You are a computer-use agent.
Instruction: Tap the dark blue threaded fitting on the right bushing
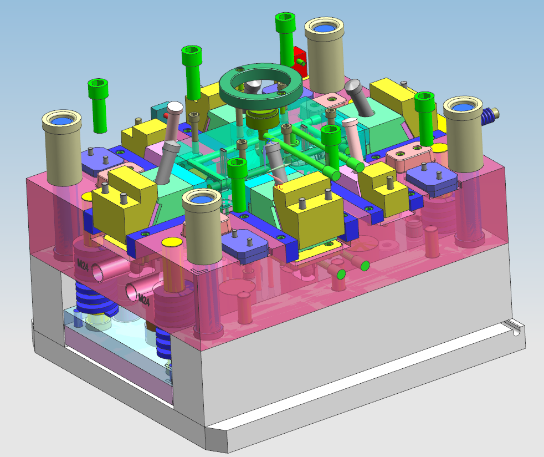coord(487,116)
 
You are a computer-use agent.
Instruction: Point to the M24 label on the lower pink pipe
coord(143,299)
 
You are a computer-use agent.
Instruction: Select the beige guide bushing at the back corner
coord(325,55)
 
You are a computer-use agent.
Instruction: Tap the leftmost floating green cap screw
coord(98,105)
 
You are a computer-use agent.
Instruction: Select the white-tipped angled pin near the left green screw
coord(172,119)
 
